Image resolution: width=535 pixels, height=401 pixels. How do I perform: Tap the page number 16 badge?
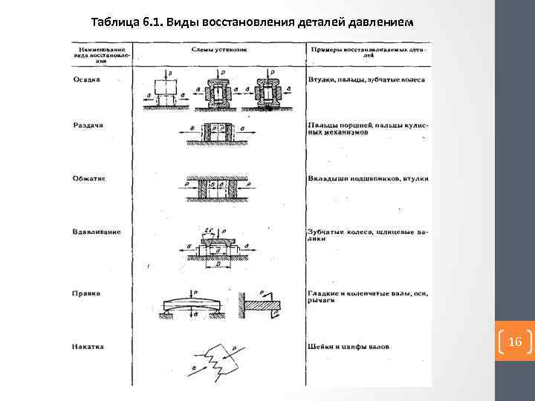click(515, 342)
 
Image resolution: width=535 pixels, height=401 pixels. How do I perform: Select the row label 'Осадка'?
click(86, 79)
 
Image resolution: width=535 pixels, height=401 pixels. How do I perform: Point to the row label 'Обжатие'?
click(88, 178)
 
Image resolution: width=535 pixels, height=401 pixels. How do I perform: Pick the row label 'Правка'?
click(86, 293)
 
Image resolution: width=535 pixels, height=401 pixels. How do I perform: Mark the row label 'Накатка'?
click(88, 346)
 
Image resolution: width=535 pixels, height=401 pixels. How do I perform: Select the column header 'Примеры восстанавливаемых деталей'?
click(367, 50)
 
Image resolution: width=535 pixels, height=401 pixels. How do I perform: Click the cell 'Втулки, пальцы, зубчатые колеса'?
click(366, 79)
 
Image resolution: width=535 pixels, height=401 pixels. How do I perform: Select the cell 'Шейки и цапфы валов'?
click(348, 346)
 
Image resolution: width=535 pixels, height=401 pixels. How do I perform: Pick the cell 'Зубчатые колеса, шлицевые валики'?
click(367, 235)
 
